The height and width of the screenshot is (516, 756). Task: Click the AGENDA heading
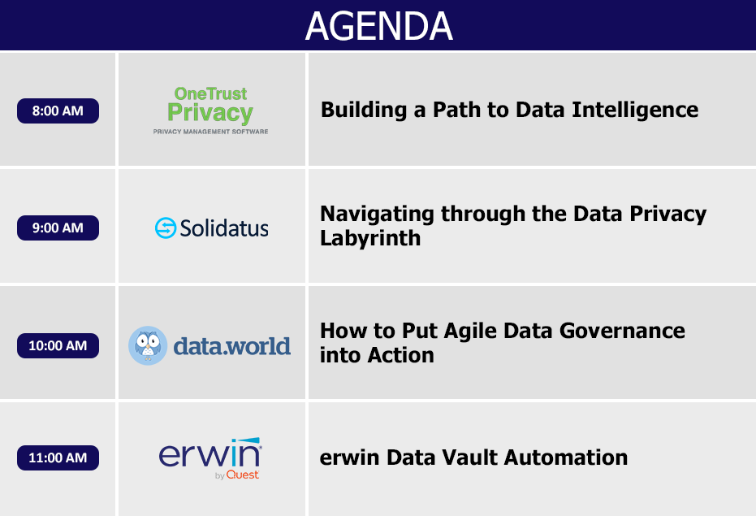tap(379, 26)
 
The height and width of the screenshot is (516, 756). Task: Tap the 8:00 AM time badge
tap(58, 111)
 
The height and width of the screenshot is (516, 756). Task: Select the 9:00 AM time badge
tap(58, 228)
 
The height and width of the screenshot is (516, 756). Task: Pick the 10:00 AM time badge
tap(58, 345)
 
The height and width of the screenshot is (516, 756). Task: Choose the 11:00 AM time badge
tap(58, 457)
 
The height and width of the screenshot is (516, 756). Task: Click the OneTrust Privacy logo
tap(210, 110)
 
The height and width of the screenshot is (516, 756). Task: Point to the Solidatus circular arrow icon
tap(166, 228)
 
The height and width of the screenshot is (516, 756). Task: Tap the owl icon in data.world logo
tap(148, 345)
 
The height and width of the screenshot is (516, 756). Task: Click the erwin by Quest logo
tap(210, 458)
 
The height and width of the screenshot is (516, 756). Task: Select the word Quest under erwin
tap(243, 475)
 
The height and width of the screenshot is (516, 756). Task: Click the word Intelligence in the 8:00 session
tap(635, 111)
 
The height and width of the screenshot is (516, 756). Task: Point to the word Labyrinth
tap(370, 238)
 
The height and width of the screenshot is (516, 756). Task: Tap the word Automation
tap(565, 457)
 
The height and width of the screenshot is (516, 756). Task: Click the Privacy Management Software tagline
tap(210, 132)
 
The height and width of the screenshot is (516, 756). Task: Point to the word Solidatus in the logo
tap(224, 228)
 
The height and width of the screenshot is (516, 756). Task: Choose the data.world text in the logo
tap(232, 346)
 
